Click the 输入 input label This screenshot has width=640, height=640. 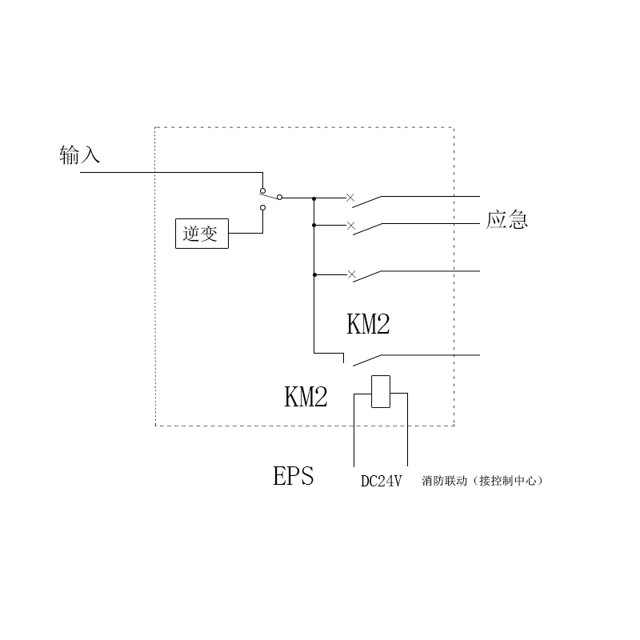pos(80,154)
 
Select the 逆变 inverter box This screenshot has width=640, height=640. pos(201,234)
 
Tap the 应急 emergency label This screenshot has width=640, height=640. pos(507,220)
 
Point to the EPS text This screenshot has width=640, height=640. pos(294,477)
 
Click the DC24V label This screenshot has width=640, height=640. pos(381,481)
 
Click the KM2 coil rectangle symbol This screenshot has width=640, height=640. pos(381,391)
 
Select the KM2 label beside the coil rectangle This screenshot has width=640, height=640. pos(306,398)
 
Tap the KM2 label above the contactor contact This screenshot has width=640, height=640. pos(368,324)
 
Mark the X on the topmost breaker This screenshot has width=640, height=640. pos(350,196)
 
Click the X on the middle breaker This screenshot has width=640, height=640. pos(350,226)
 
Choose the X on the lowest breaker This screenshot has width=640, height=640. pos(350,274)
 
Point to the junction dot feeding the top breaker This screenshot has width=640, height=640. pos(314,197)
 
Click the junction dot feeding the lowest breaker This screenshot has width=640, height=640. pos(314,274)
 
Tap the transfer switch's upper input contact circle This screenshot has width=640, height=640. pos(262,190)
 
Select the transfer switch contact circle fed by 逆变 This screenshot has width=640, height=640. pos(262,207)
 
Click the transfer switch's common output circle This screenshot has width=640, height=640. pos(279,197)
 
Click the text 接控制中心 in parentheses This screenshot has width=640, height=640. pos(507,481)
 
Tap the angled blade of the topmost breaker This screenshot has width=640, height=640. pos(366,201)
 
